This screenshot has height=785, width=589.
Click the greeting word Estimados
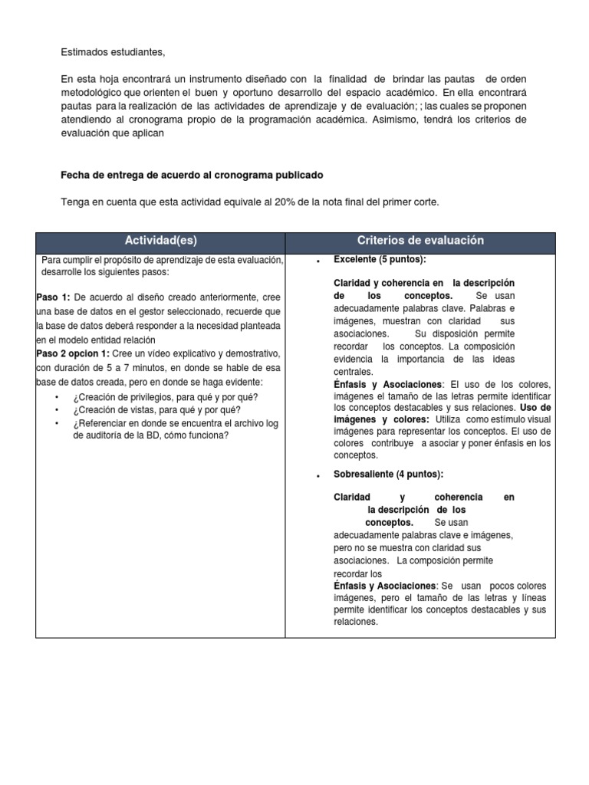[86, 51]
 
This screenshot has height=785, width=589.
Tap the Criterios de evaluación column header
[420, 241]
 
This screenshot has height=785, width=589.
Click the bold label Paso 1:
[53, 297]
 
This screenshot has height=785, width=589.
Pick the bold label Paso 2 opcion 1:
[73, 353]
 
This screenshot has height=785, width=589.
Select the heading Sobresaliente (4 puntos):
[388, 475]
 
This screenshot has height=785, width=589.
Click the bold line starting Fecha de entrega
[192, 176]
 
